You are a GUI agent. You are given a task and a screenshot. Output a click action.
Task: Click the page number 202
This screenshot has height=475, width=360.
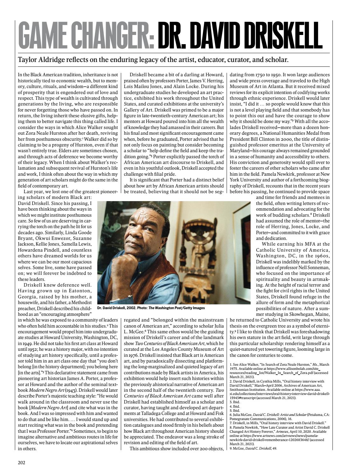coord(21,462)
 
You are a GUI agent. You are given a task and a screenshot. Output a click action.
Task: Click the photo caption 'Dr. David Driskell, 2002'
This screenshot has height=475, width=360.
coord(124,308)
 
